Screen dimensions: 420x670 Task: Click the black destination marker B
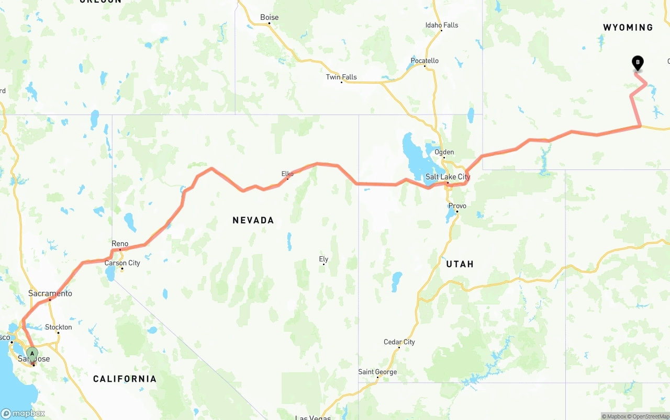638,63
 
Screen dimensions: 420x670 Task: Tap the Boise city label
270,17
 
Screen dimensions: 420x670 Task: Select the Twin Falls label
341,77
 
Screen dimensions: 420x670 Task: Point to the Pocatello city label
425,61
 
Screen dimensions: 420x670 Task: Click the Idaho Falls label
442,25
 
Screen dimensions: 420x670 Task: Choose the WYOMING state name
628,27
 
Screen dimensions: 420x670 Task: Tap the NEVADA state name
253,220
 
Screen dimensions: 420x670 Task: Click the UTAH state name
460,264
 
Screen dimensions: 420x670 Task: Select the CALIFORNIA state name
125,379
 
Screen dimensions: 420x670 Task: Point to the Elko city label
287,174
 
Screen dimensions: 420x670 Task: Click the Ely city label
323,259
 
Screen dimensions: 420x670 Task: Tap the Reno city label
120,244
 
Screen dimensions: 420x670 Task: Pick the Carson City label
122,263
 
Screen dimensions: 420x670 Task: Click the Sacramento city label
50,293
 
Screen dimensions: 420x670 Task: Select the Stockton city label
59,327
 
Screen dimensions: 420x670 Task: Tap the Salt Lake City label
448,177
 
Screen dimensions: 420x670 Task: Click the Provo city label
457,206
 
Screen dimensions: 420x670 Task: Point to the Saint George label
377,372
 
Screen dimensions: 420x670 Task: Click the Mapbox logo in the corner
23,413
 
